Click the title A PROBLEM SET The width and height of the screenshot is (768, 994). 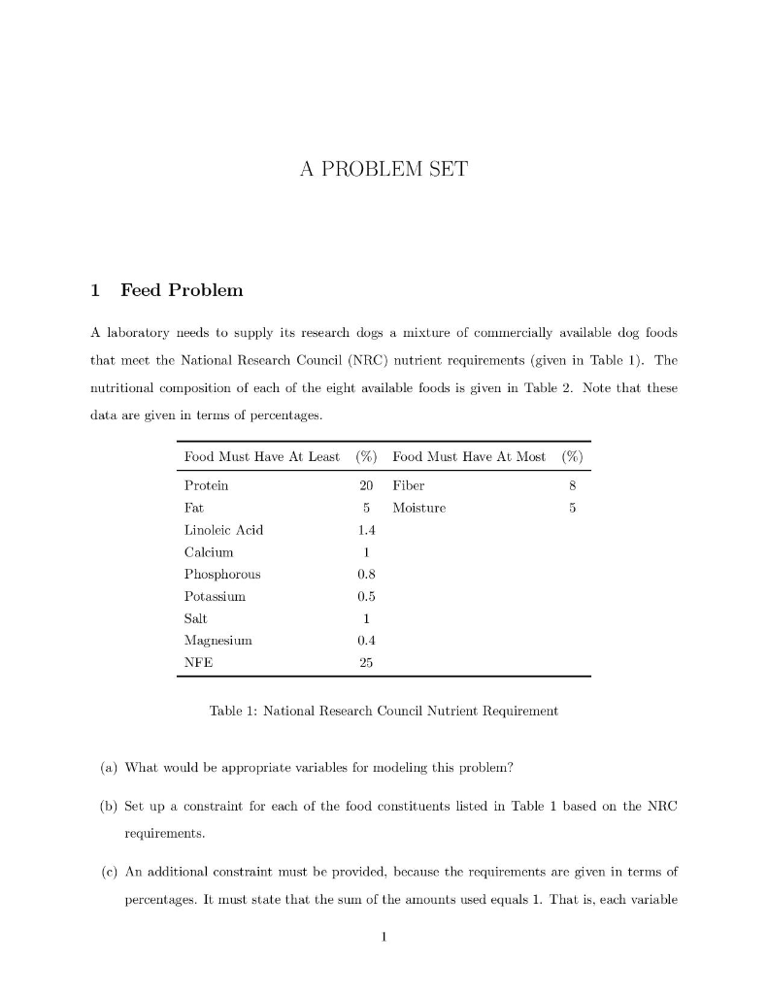[384, 170]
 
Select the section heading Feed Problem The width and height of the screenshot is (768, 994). [182, 290]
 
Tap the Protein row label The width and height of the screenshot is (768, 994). [206, 485]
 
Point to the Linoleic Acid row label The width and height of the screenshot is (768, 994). [223, 530]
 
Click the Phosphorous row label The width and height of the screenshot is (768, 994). [221, 575]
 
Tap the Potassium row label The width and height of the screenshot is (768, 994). [215, 597]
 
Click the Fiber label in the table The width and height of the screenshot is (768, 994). [409, 485]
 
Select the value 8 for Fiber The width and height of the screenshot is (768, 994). [574, 485]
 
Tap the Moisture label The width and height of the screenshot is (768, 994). [419, 508]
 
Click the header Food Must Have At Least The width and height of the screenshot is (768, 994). [261, 457]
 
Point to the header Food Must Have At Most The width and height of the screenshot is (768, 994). [469, 457]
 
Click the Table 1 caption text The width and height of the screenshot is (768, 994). [384, 712]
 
